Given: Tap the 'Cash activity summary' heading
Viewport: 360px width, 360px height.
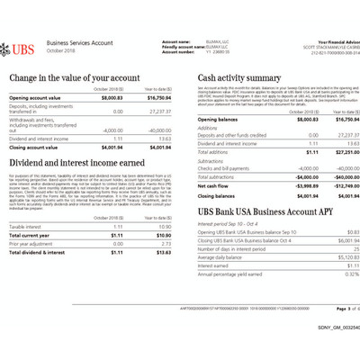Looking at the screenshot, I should (x=238, y=78).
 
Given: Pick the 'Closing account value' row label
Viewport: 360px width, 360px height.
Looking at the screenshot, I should (x=40, y=146).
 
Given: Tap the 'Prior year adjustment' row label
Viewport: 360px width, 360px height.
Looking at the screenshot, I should (x=33, y=244).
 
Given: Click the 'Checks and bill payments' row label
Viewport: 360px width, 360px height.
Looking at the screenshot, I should (x=222, y=168).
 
